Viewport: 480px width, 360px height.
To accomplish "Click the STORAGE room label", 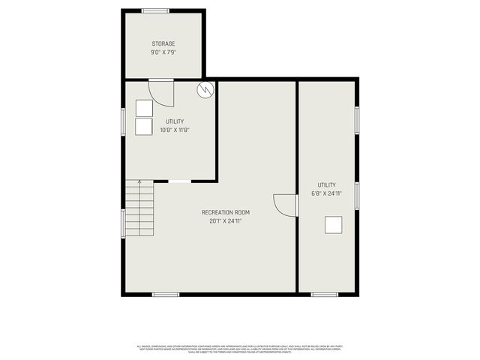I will click(x=163, y=44).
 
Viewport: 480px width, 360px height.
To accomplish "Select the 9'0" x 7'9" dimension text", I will click(x=163, y=52).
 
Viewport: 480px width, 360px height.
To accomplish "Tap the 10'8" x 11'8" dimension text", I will click(x=174, y=130).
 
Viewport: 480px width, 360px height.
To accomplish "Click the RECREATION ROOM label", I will click(x=226, y=212).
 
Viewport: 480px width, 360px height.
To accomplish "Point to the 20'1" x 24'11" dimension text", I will click(x=226, y=221).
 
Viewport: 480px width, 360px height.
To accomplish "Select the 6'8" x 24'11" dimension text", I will click(x=326, y=193).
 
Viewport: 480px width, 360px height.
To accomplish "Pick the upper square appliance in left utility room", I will click(x=144, y=107).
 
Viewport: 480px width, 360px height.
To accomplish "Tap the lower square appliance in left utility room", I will click(x=144, y=126).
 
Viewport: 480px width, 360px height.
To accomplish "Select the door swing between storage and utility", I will click(x=161, y=92).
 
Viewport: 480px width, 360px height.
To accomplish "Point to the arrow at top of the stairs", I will click(x=139, y=182).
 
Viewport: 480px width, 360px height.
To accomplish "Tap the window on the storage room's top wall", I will click(x=155, y=10).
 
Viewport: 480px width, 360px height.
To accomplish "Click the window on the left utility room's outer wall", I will click(x=123, y=122).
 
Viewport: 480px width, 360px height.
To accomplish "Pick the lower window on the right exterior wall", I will click(x=358, y=196).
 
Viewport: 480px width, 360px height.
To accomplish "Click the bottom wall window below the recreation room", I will click(x=165, y=295).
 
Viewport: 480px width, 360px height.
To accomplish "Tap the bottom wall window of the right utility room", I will click(x=325, y=295).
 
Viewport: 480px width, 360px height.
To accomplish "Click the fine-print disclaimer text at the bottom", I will click(x=239, y=349).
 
